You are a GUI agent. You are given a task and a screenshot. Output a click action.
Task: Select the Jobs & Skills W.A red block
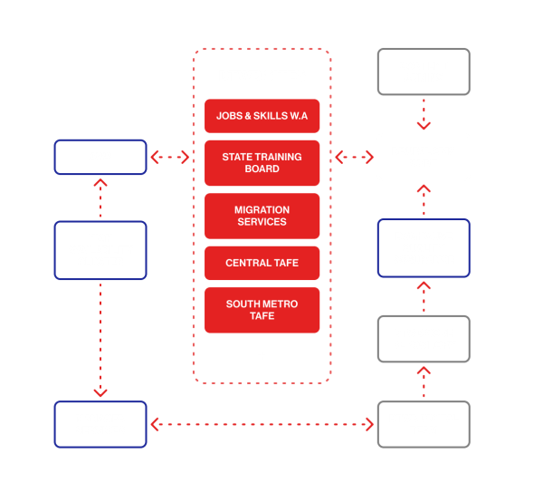262,116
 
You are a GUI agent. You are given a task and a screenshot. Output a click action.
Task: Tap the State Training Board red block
262,163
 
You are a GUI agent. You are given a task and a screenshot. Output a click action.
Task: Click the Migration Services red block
262,216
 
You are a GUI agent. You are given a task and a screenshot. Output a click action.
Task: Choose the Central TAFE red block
262,263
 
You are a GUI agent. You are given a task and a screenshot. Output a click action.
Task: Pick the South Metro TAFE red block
262,310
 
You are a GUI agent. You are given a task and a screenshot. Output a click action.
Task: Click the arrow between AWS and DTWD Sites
169,158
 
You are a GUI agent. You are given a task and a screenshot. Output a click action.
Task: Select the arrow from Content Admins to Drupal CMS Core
424,114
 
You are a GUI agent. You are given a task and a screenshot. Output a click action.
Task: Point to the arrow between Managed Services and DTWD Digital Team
262,424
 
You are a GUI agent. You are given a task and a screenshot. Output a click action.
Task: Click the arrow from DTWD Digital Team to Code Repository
424,381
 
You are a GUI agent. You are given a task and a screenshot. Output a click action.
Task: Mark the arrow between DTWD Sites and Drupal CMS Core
355,158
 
